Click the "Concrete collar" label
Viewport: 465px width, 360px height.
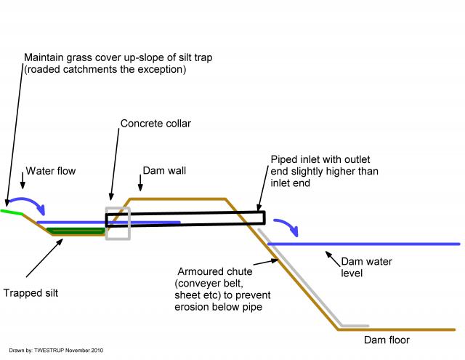pos(155,124)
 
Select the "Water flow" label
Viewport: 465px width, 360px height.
pos(51,172)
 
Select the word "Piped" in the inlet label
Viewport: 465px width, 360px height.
pos(285,159)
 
